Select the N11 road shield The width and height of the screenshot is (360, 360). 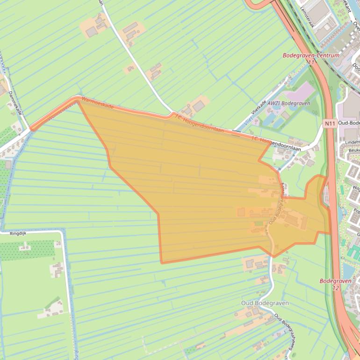[x=330, y=123]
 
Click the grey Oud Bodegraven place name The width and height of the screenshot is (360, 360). [x=265, y=303]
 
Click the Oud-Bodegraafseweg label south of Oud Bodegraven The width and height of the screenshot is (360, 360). [x=285, y=328]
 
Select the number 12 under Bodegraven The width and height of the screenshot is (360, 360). [x=336, y=288]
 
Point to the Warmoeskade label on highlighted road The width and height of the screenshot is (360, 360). [x=97, y=103]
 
